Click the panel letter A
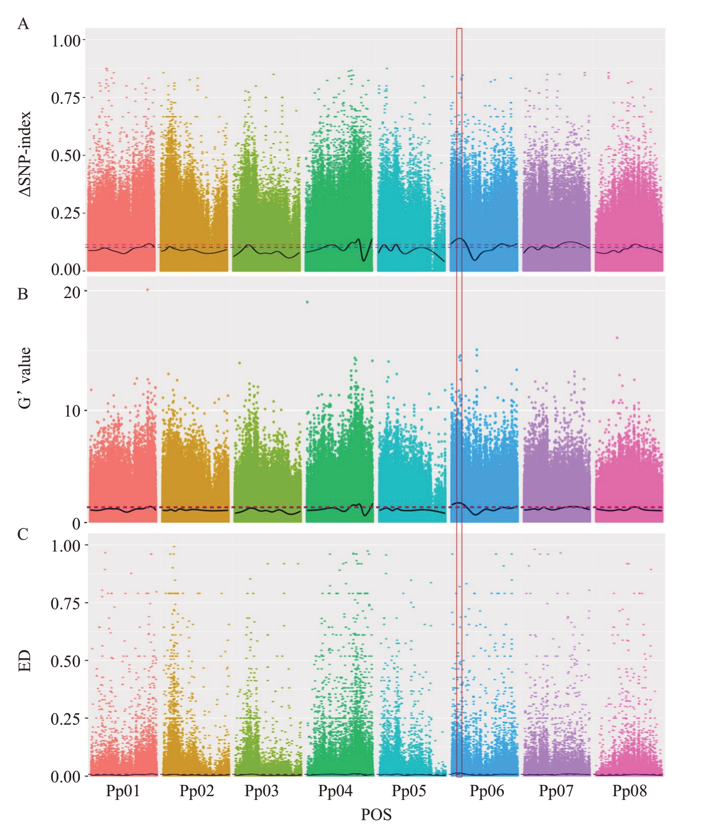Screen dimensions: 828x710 [23, 24]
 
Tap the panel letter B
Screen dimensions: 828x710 [23, 294]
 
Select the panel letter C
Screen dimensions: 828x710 [23, 535]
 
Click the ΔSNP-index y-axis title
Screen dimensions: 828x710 [25, 154]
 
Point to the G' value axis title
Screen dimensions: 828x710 [25, 378]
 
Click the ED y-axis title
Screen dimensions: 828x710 [25, 661]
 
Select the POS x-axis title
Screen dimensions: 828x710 [376, 814]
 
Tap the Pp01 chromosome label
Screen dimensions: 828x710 [123, 791]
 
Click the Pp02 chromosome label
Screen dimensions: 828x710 [196, 791]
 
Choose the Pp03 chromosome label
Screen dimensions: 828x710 [261, 791]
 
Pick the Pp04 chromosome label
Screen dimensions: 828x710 [335, 791]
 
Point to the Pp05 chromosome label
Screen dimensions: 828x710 [409, 791]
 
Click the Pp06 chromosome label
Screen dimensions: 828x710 [486, 791]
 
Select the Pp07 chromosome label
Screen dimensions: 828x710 [556, 791]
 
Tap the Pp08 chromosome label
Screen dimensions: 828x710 [630, 791]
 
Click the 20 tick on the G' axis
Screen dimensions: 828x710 [72, 292]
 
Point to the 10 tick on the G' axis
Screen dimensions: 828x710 [72, 411]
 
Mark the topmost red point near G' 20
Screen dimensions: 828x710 [147, 289]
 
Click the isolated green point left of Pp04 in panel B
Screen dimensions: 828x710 [307, 302]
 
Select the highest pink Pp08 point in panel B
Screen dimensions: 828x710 [617, 338]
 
